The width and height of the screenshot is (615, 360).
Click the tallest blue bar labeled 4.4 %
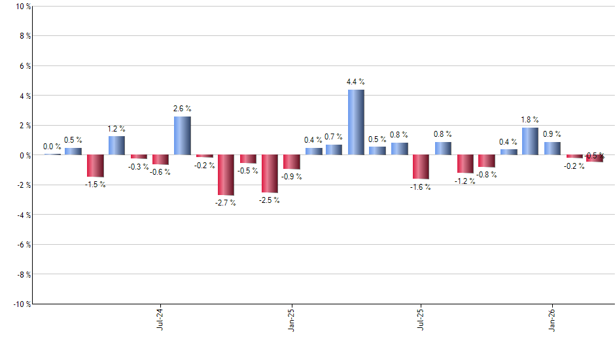356,122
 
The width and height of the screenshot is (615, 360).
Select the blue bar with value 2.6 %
182,135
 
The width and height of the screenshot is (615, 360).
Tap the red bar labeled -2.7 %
226,175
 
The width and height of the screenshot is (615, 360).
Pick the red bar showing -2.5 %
269,173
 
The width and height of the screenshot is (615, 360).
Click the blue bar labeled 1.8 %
530,141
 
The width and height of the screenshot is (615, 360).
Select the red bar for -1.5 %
95,166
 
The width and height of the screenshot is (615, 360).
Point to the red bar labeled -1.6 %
421,167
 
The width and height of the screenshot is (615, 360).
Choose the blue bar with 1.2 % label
116,146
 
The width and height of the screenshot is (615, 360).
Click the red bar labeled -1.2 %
465,164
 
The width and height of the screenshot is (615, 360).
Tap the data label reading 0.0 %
52,147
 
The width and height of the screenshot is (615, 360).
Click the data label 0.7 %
334,137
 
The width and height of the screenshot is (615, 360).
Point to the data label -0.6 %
160,172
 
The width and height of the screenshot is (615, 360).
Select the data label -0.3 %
138,167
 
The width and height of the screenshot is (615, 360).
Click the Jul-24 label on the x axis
160,319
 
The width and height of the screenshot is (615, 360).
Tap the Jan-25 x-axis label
290,319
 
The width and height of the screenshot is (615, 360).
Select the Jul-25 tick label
421,319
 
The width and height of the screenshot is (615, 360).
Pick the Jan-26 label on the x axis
552,319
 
